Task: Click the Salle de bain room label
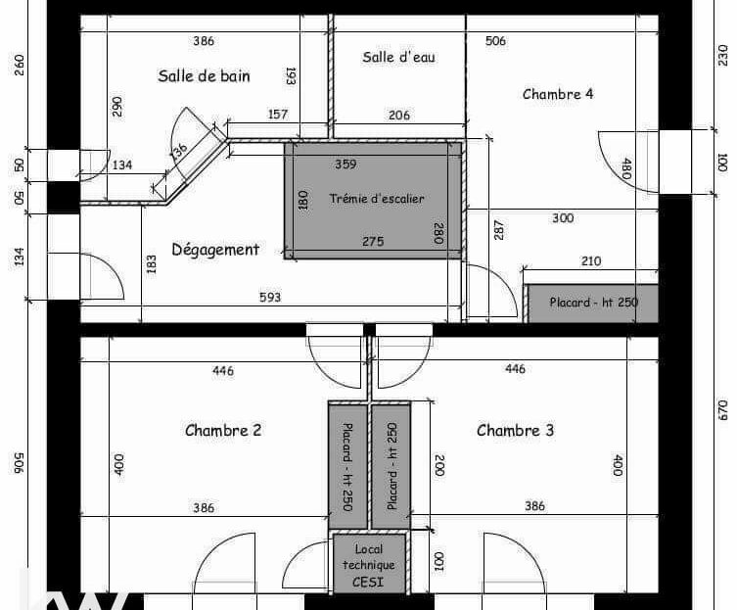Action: click(x=204, y=75)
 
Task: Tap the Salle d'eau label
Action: click(x=398, y=57)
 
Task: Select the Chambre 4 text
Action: click(x=558, y=94)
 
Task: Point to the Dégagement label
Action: click(x=215, y=250)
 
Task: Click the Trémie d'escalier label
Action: click(x=377, y=199)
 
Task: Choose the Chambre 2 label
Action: click(x=223, y=431)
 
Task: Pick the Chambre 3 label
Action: click(x=515, y=431)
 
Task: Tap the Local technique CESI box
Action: click(x=369, y=563)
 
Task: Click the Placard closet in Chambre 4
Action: click(x=592, y=304)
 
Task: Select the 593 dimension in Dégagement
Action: click(x=270, y=298)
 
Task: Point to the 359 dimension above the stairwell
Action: click(x=345, y=164)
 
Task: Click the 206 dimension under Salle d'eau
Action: click(x=399, y=115)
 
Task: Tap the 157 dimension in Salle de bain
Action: click(x=277, y=115)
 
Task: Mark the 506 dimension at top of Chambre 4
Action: click(x=496, y=41)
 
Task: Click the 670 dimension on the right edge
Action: click(x=723, y=409)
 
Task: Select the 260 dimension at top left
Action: click(x=20, y=66)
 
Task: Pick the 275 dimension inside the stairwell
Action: click(x=373, y=241)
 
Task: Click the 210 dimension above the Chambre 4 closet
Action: click(x=591, y=261)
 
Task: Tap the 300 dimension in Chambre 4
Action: click(x=563, y=217)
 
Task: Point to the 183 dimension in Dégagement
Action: click(x=151, y=264)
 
